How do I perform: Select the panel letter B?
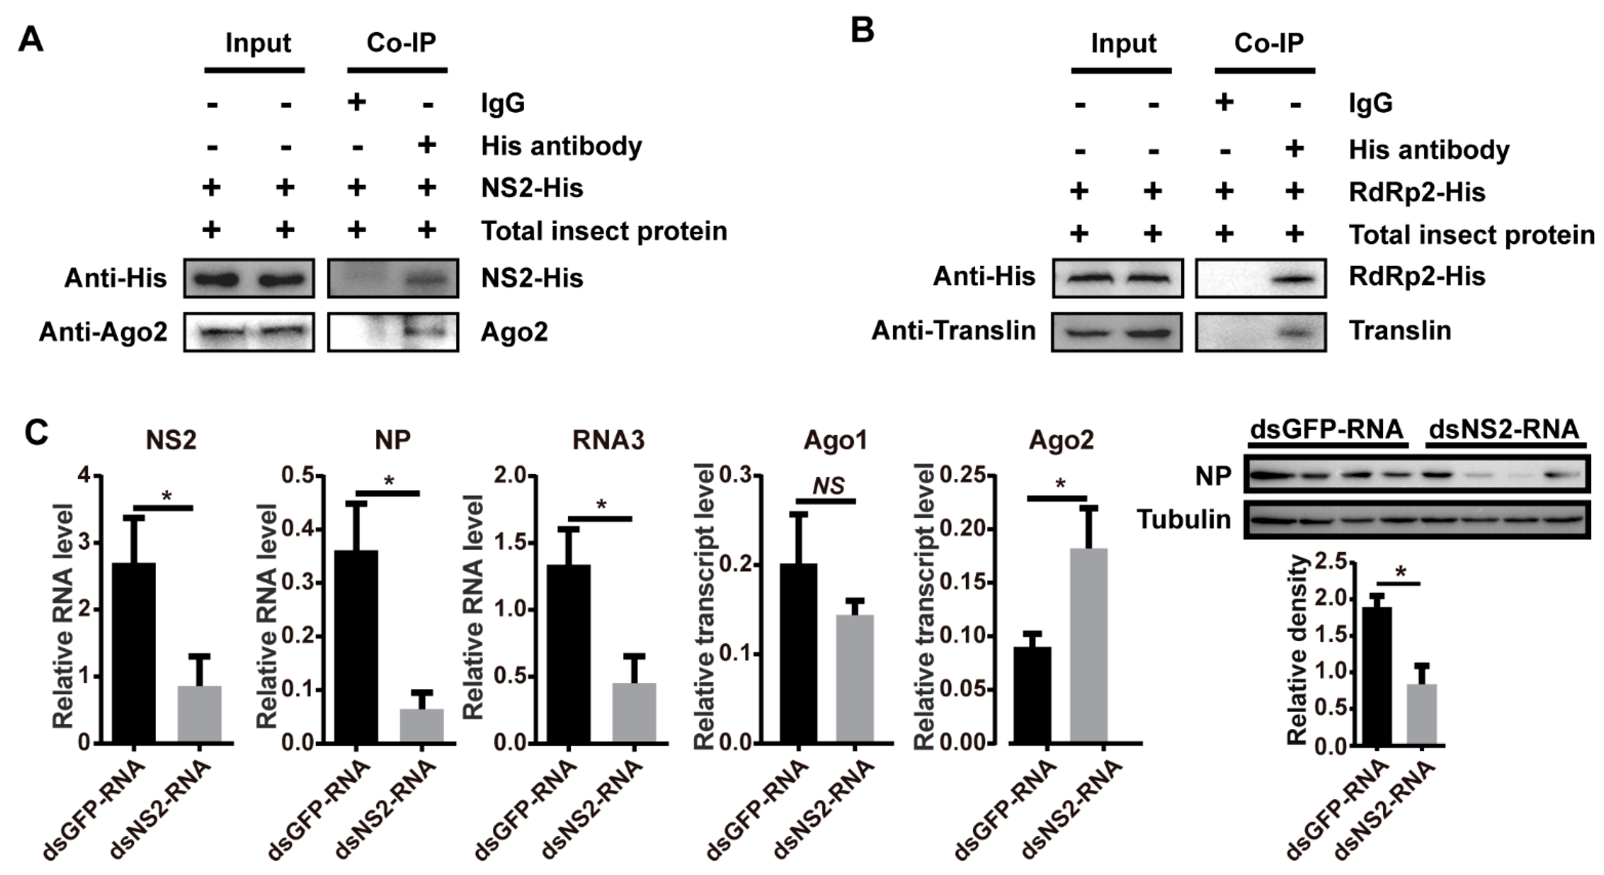click(863, 30)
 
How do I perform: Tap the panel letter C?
click(36, 431)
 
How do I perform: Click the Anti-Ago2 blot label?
click(103, 332)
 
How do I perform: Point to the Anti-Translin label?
click(953, 330)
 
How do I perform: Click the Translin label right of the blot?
click(1400, 330)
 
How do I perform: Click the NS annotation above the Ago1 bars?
click(828, 485)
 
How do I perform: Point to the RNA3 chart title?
click(608, 440)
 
